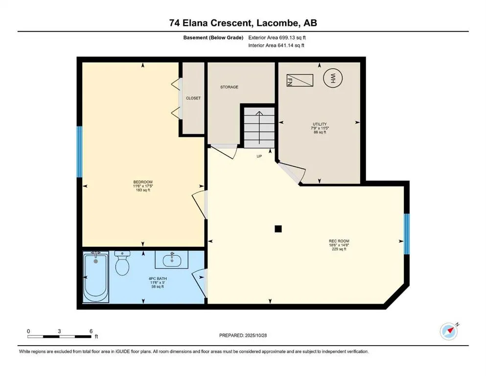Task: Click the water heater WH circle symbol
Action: (x=333, y=78)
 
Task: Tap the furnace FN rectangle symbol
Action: (x=299, y=80)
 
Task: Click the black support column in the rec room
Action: (x=278, y=228)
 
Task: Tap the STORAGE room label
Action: (x=229, y=87)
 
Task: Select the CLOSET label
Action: (x=193, y=98)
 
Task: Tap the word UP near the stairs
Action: (x=260, y=157)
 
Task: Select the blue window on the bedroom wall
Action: (x=79, y=152)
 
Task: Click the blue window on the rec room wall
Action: (x=406, y=234)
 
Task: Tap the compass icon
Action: (x=449, y=331)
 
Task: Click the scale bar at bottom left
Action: (x=59, y=336)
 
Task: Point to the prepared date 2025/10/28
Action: (x=243, y=335)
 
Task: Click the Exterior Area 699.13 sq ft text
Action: (x=278, y=37)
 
